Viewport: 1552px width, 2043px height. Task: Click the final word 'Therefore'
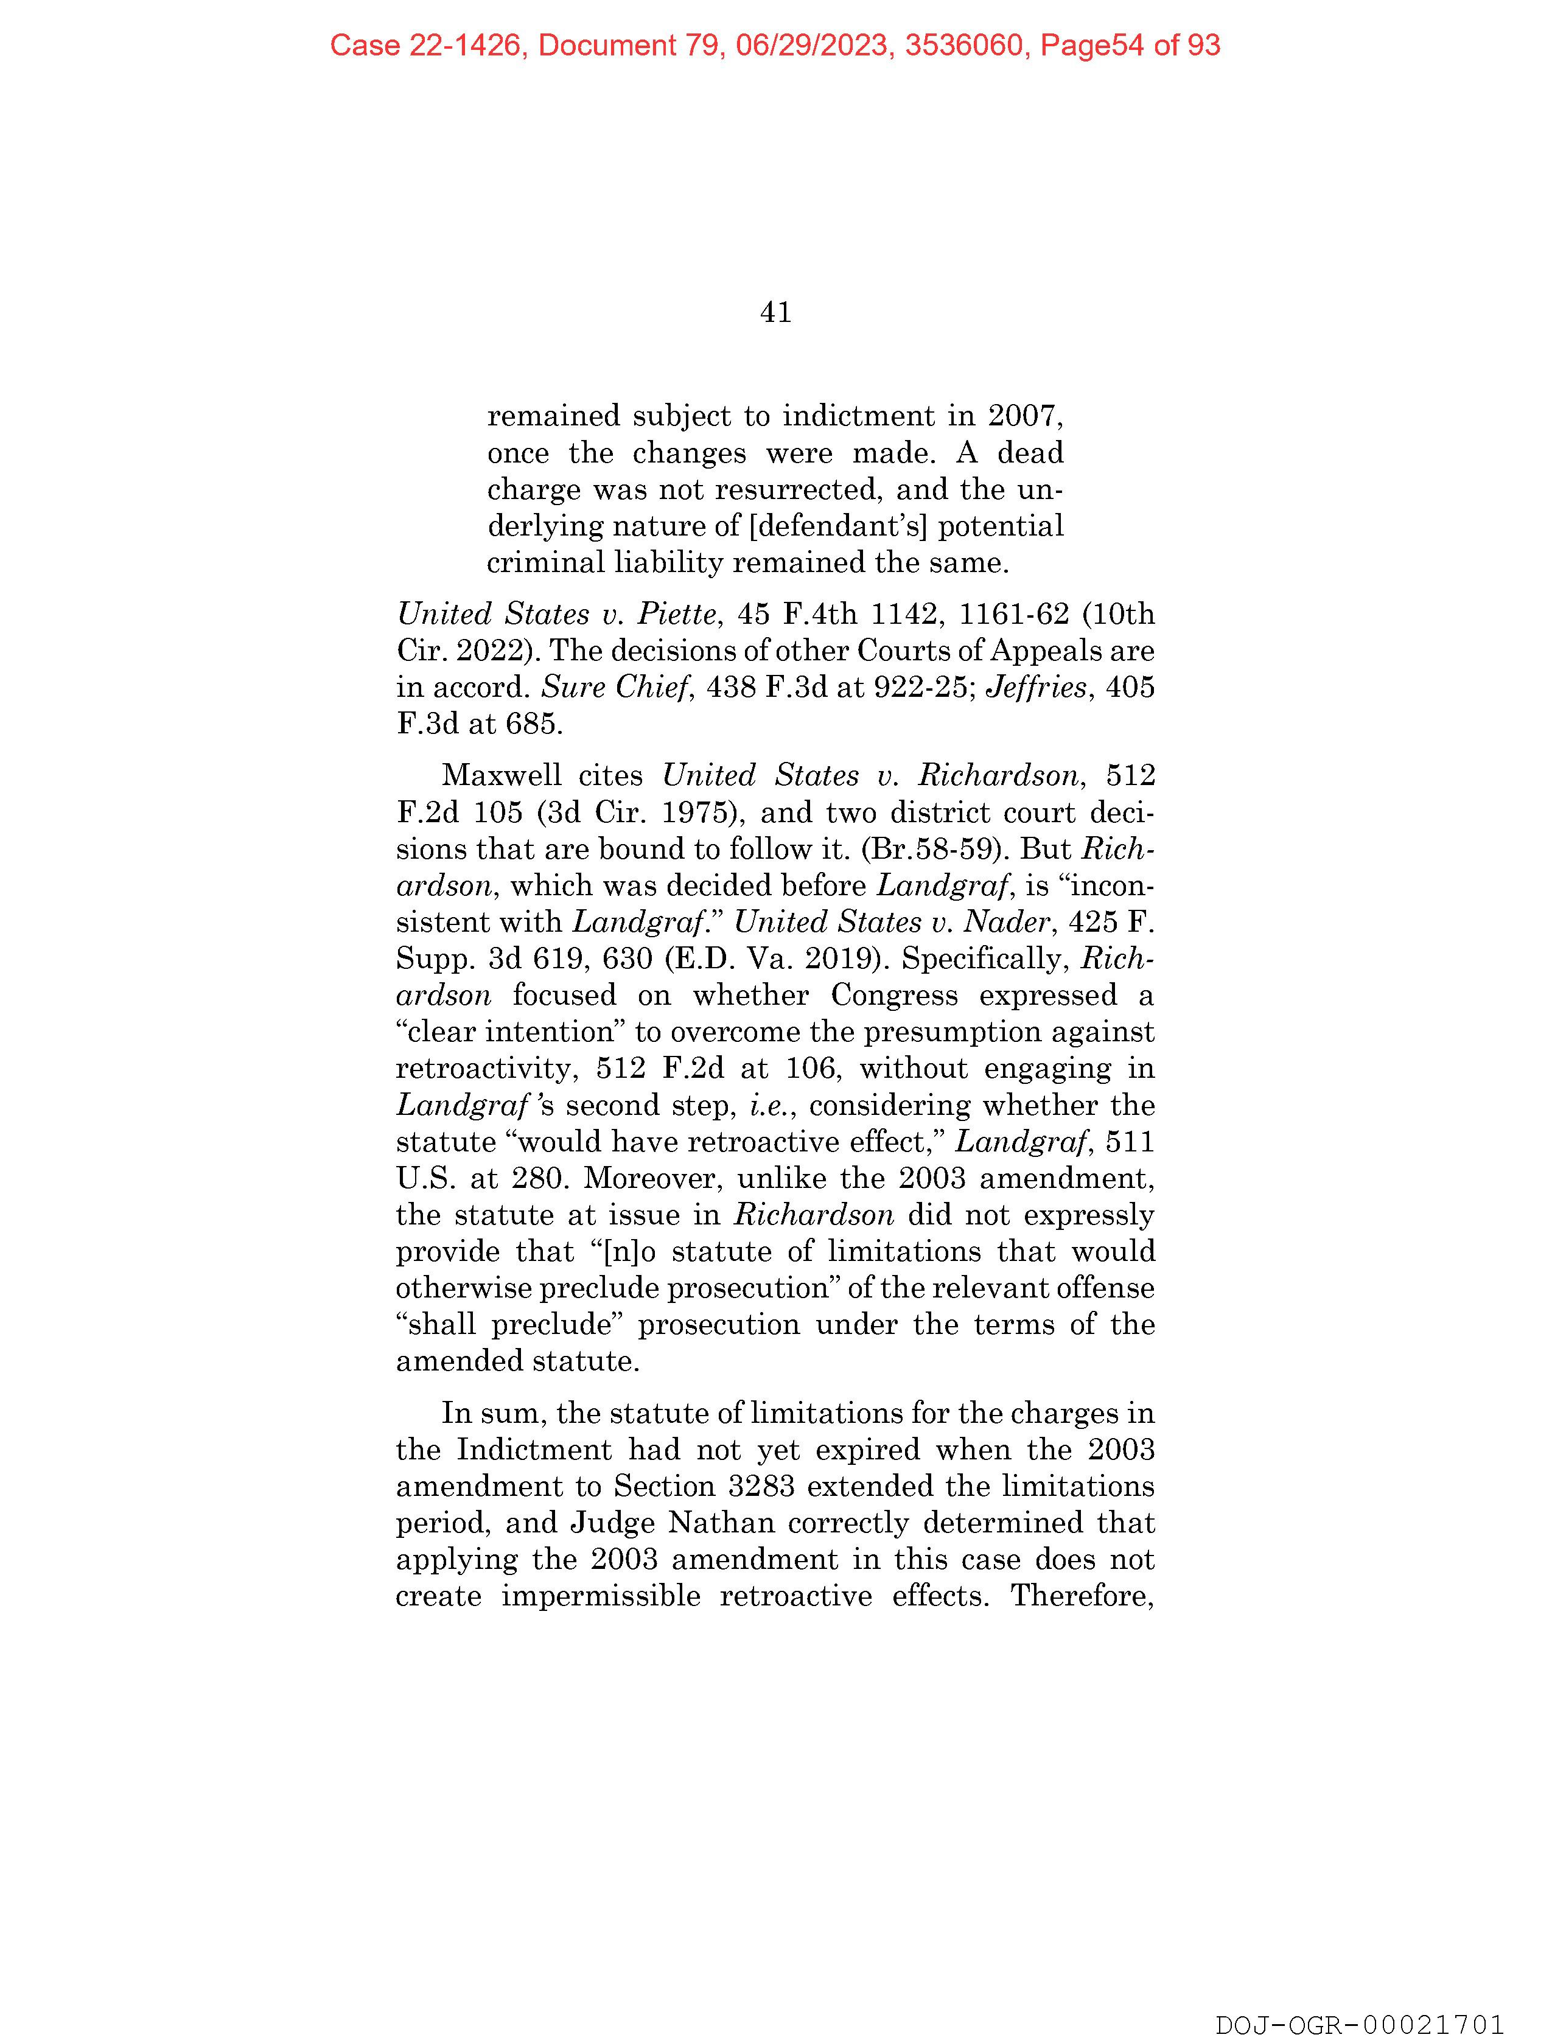[x=1082, y=1596]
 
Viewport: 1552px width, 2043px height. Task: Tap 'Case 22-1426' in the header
[x=426, y=45]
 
